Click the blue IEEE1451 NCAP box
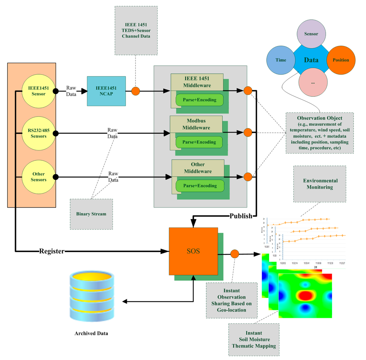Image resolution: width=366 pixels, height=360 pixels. (x=106, y=91)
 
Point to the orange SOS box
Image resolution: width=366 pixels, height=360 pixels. (x=193, y=251)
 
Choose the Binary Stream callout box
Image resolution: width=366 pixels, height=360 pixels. (x=91, y=214)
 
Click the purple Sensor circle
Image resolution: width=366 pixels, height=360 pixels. (x=311, y=34)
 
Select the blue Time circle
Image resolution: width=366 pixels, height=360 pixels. (x=281, y=60)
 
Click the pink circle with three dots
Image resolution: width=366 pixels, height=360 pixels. (x=313, y=82)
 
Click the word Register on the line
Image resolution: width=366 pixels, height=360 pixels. (x=51, y=251)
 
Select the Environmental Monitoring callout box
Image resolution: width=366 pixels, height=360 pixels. (x=319, y=184)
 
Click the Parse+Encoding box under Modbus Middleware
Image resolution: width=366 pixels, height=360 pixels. (x=199, y=142)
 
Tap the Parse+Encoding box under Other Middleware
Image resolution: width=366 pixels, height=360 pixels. (x=199, y=186)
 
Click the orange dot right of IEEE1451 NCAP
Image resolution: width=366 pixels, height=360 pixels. (x=135, y=91)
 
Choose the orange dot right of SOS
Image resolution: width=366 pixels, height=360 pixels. (x=234, y=254)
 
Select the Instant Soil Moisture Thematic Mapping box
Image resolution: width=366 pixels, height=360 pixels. (x=253, y=339)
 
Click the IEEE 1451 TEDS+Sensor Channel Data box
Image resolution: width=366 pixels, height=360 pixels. (x=136, y=30)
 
